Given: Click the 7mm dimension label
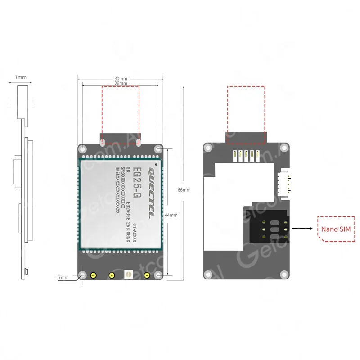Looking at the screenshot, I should tap(21, 77).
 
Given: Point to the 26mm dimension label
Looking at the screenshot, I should tap(120, 83).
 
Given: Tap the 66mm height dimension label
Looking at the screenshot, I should tap(184, 190).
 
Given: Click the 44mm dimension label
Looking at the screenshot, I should tap(171, 215).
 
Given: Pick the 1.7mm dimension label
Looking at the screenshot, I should tap(62, 278).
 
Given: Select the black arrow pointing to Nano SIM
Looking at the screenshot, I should tap(302, 229).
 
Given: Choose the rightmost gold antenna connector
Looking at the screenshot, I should tap(146, 275).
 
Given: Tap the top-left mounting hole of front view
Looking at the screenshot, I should tap(82, 148).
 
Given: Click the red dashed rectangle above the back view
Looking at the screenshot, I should tap(246, 115).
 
